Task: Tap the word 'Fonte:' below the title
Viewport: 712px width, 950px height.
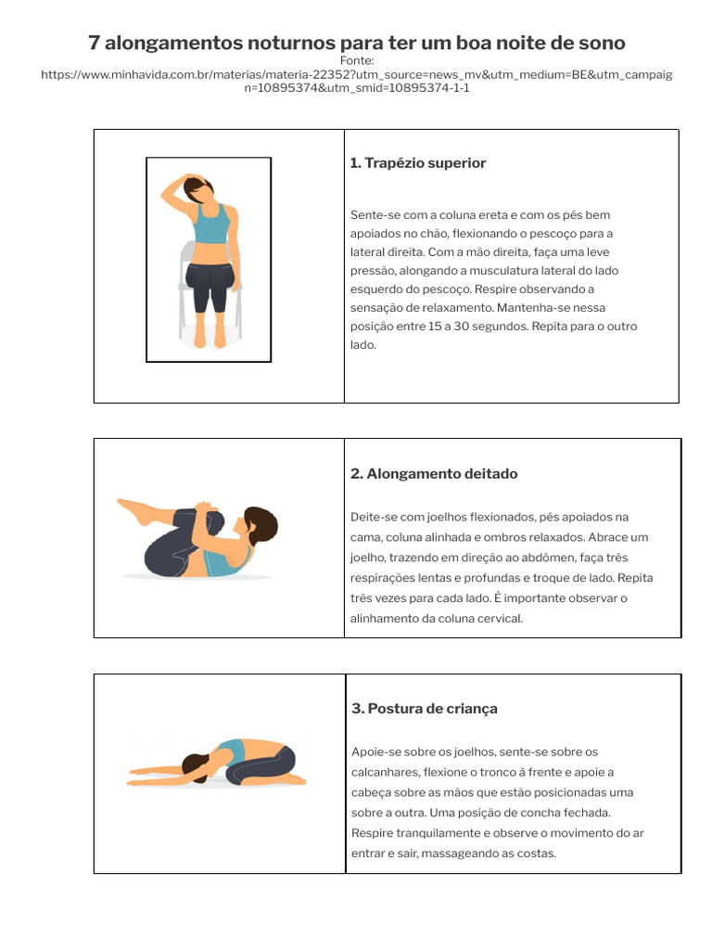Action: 356,60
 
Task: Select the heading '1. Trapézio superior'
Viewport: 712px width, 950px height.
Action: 417,163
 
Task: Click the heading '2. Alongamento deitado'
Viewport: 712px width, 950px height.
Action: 434,474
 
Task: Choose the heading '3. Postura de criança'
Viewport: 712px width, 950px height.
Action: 425,709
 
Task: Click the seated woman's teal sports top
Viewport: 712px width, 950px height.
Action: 210,224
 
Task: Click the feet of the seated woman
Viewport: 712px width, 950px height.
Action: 209,338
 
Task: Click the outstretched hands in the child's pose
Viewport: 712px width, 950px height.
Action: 139,770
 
